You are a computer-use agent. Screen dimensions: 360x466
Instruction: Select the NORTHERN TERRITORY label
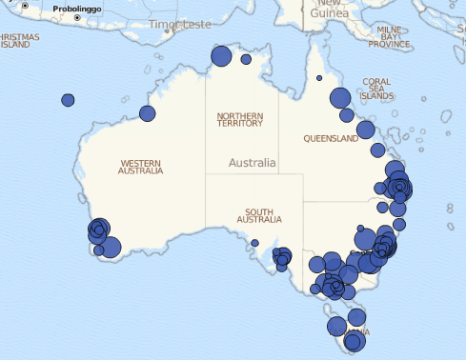(240, 120)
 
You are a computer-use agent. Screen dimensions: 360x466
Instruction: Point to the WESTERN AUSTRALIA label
(140, 166)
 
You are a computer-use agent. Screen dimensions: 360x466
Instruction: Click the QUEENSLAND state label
(331, 138)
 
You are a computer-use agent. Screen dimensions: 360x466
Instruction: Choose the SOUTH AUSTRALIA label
(259, 215)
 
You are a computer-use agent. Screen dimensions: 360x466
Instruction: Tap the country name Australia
(252, 162)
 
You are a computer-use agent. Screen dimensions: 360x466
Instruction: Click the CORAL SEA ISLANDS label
(377, 89)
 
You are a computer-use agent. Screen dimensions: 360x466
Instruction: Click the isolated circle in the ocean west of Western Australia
(68, 100)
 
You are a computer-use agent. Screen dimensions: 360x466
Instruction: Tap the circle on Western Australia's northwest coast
(148, 114)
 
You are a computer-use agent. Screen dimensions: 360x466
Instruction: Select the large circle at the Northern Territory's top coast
(221, 56)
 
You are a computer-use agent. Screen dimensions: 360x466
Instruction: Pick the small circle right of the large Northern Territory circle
(246, 59)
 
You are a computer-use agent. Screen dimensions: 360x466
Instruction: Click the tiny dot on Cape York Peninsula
(319, 78)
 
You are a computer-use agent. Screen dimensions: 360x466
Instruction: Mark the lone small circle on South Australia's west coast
(255, 243)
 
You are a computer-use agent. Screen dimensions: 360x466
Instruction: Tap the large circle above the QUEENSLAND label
(340, 97)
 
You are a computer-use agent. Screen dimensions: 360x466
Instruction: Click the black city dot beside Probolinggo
(77, 17)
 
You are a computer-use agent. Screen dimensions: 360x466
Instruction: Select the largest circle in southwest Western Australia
(110, 248)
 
